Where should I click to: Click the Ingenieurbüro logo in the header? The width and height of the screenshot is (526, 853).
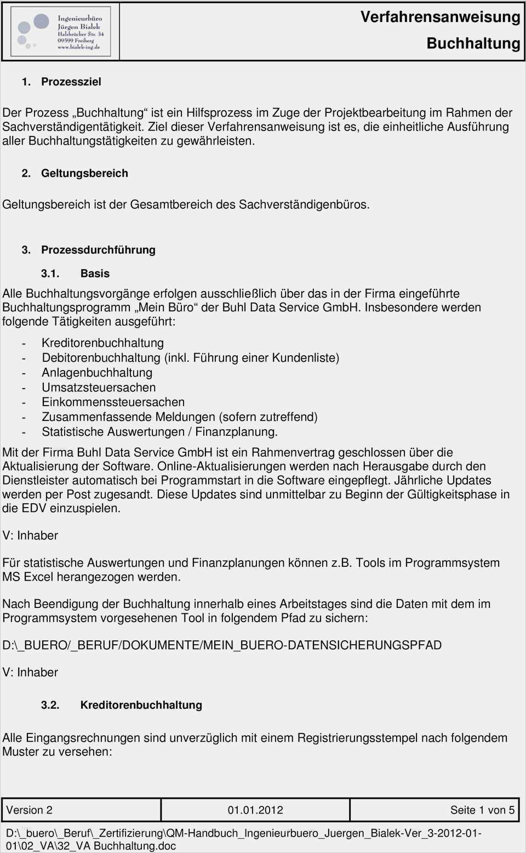(x=60, y=32)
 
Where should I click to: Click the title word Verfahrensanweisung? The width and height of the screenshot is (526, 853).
(x=440, y=17)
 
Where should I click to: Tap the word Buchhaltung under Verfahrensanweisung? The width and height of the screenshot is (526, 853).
(x=473, y=43)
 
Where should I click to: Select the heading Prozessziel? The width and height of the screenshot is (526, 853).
(x=71, y=82)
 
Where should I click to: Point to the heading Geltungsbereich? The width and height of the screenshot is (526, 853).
(x=84, y=173)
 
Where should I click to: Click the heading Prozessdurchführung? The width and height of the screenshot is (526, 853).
(x=98, y=250)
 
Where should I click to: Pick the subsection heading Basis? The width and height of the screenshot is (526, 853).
(x=95, y=274)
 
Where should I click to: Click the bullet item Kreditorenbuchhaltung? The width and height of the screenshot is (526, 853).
(x=102, y=343)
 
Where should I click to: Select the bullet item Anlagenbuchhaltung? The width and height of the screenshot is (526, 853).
(x=97, y=373)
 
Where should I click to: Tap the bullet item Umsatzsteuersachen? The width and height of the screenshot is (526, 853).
(x=99, y=388)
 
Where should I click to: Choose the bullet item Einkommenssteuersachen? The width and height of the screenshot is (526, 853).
(x=113, y=402)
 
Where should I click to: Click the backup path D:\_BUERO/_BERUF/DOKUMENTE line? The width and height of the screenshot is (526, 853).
(x=222, y=645)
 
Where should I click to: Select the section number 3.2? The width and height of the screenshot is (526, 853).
(x=50, y=705)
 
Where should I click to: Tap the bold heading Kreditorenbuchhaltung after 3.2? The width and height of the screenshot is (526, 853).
(x=141, y=705)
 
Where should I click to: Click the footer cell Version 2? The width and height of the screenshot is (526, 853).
(x=30, y=810)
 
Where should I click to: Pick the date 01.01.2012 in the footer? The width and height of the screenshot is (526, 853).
(x=255, y=810)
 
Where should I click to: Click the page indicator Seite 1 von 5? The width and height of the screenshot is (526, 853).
(x=482, y=810)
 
